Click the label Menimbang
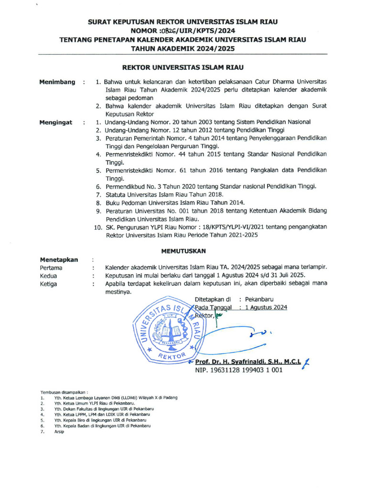[57, 82]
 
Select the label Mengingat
[56, 122]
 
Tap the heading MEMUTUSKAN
[183, 250]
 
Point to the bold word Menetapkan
[59, 259]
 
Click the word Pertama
[51, 268]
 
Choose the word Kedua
[49, 276]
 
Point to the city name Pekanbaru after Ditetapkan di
[259, 300]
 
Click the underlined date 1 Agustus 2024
[266, 308]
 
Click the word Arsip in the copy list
[59, 431]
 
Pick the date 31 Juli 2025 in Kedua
[284, 276]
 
